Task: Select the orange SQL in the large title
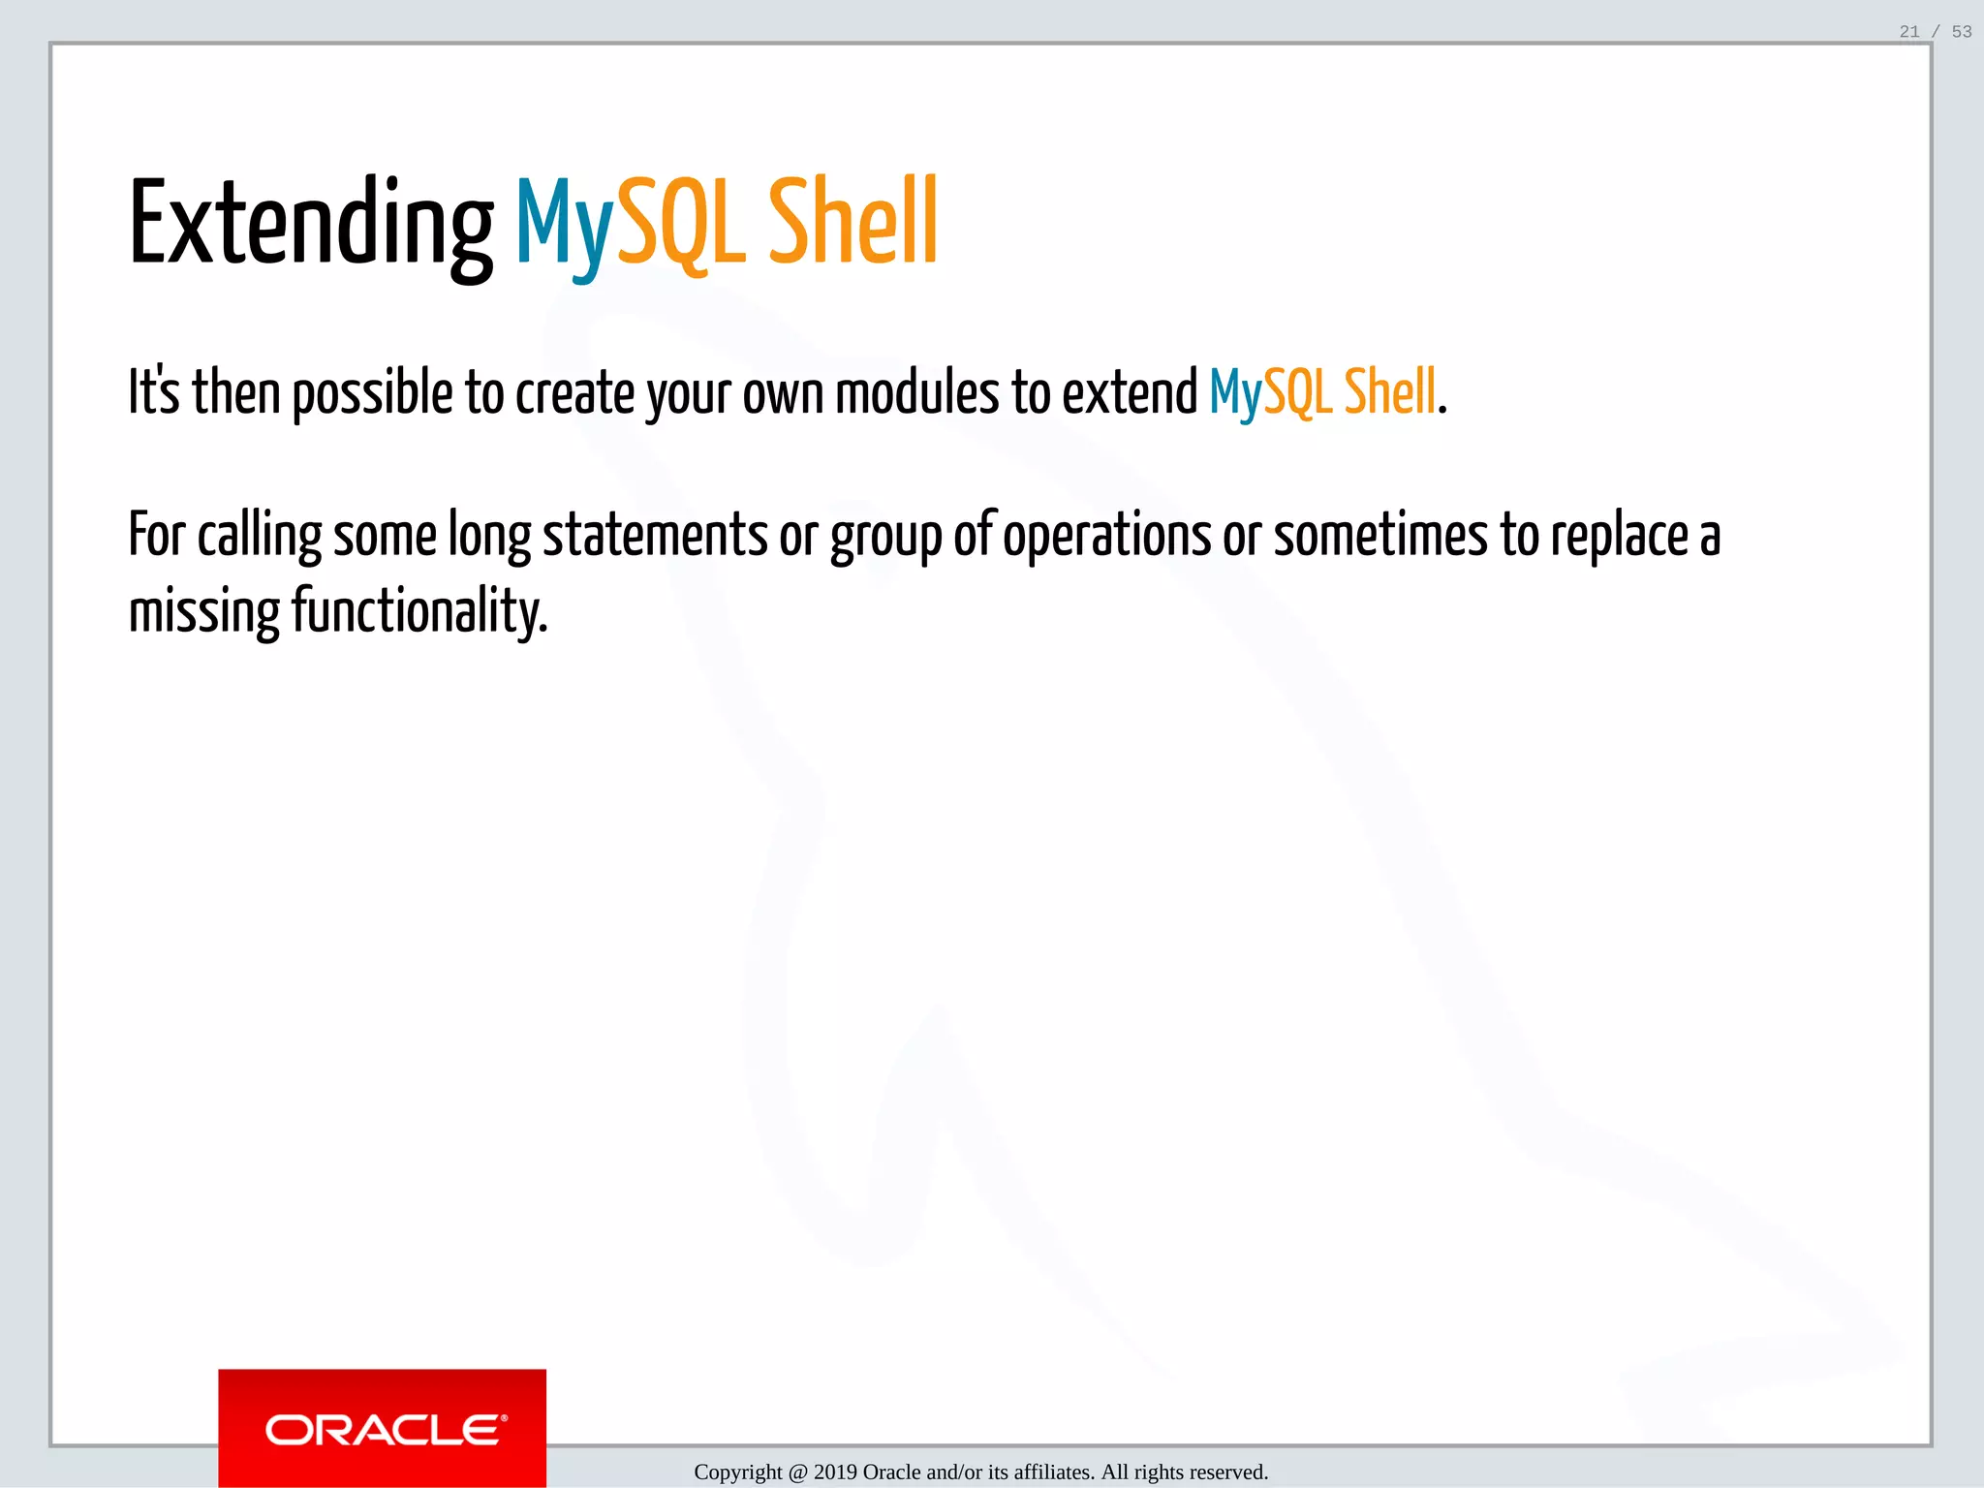(681, 225)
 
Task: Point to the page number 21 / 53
(1935, 32)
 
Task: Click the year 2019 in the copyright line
(835, 1472)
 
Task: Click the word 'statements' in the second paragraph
(655, 536)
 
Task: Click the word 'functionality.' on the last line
(419, 612)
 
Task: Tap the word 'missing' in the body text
(203, 612)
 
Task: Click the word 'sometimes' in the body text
(1379, 536)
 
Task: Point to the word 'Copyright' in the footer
(737, 1472)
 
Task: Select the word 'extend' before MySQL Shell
(1130, 393)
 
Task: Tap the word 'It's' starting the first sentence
(154, 393)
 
